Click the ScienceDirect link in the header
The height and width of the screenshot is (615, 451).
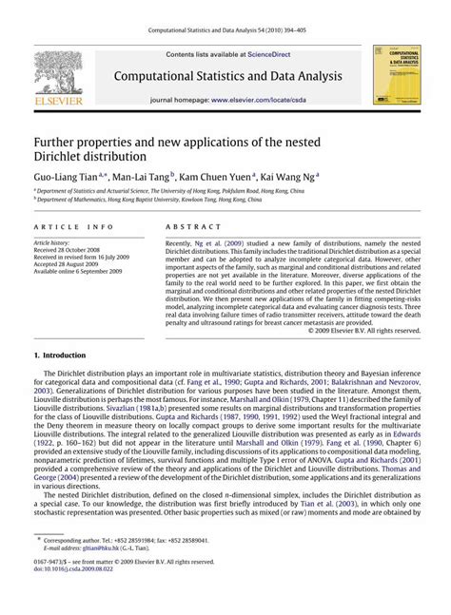point(275,57)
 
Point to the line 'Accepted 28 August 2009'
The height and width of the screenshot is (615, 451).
point(69,262)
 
